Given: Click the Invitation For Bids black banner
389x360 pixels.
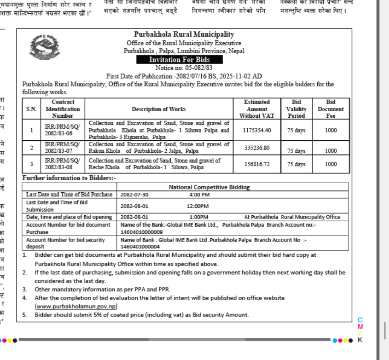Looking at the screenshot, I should point(179,60).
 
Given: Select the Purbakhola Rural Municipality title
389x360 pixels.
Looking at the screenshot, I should point(184,35).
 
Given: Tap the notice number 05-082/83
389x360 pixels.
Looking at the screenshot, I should point(184,68).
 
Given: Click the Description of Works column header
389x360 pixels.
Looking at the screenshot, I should point(159,109).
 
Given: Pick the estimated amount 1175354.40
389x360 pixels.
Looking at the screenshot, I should point(257,130).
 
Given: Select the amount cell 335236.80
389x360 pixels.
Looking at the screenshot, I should point(257,148).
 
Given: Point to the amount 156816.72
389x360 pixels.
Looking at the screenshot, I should point(257,164).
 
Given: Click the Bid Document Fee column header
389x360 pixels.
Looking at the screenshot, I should point(331,109).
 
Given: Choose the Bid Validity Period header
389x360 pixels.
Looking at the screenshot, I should point(296,109).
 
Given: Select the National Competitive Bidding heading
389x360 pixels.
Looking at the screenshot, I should point(209,187).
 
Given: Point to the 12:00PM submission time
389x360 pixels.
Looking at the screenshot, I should point(198,206).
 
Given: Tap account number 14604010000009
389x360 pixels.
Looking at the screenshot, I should point(142,232).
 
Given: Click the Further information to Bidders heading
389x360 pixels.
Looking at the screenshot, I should point(69,178).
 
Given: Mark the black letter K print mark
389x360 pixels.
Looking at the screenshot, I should point(360,340).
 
